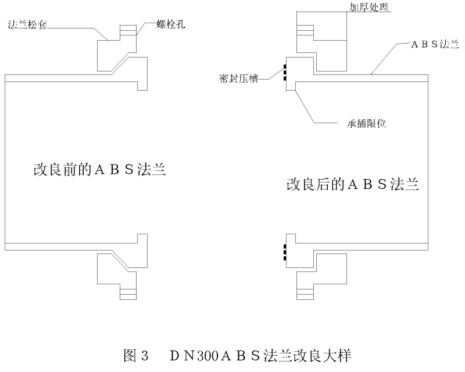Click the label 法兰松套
[x=27, y=26]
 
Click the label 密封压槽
[x=239, y=79]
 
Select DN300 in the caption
[x=195, y=355]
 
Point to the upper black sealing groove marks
[x=284, y=74]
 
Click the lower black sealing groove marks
[x=284, y=252]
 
